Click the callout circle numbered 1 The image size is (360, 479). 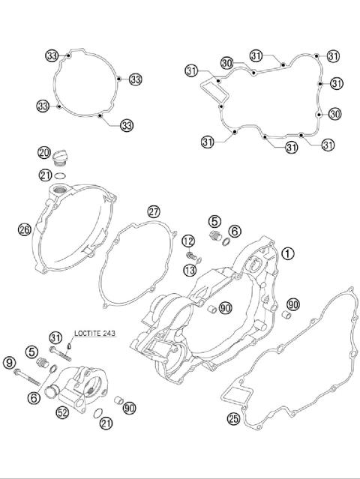[x=288, y=253]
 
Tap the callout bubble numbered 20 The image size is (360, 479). [x=45, y=153]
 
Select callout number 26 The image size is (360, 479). [x=24, y=229]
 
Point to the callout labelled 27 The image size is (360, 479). [x=153, y=211]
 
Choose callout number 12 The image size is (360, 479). [x=188, y=241]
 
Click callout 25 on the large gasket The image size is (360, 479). [x=233, y=418]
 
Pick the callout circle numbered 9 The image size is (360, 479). [x=10, y=364]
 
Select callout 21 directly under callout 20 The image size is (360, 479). [x=45, y=175]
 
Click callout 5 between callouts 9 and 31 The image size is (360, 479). [x=32, y=350]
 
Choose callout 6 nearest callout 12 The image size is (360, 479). [x=235, y=231]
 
